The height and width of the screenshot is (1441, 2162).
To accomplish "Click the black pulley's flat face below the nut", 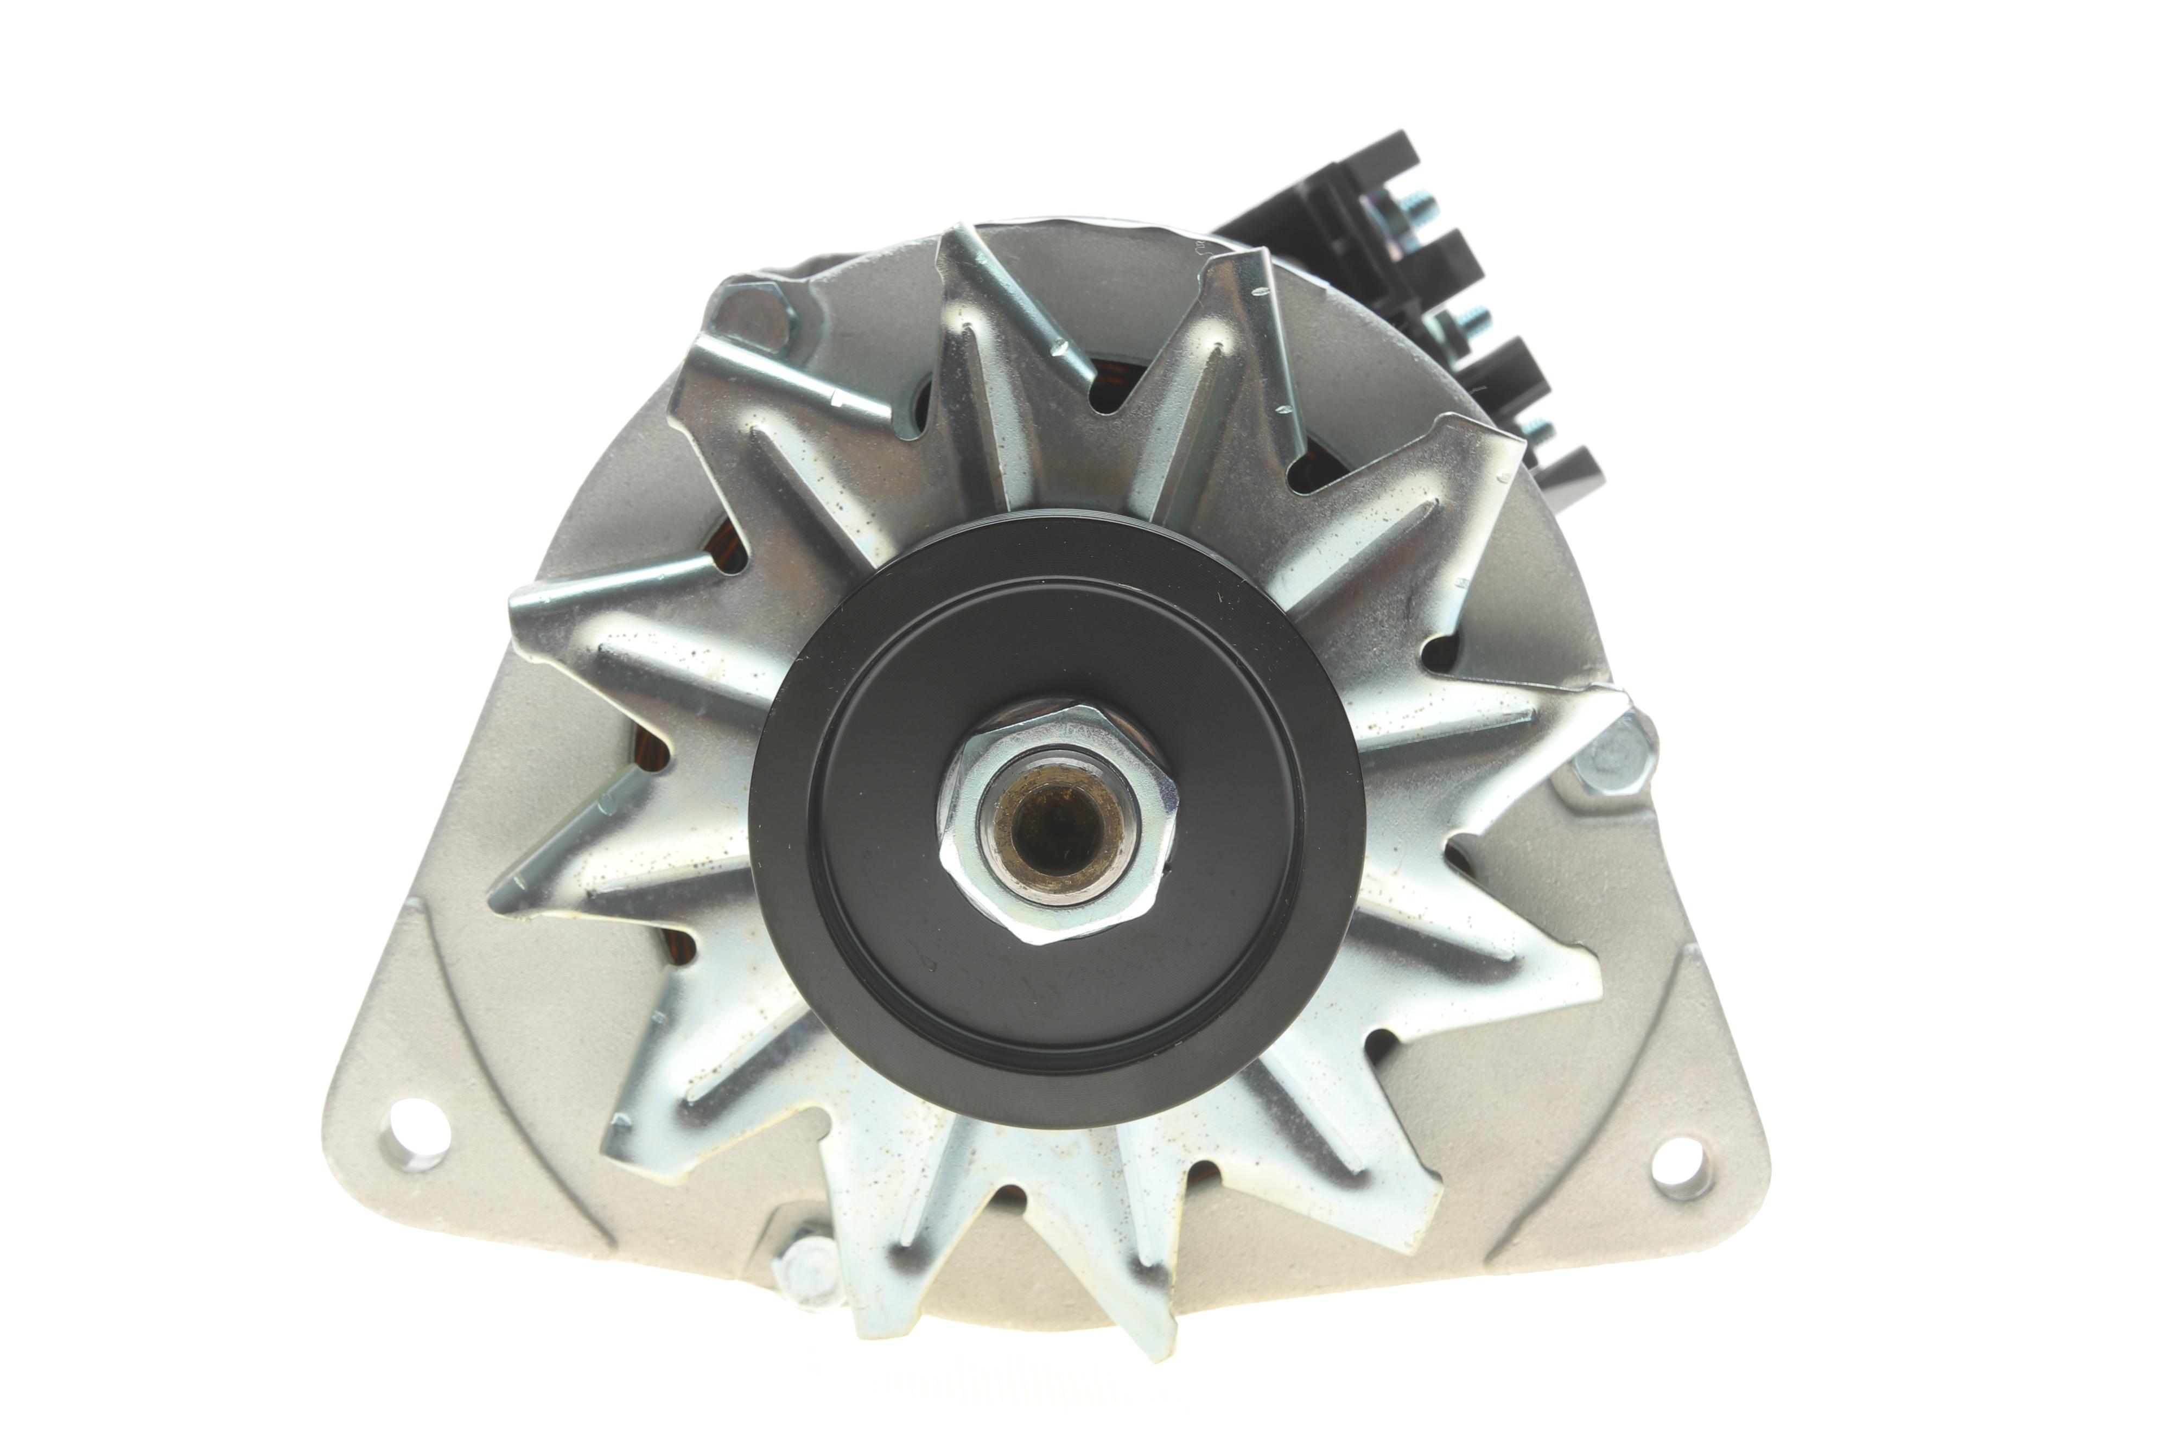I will tap(1057, 1002).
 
